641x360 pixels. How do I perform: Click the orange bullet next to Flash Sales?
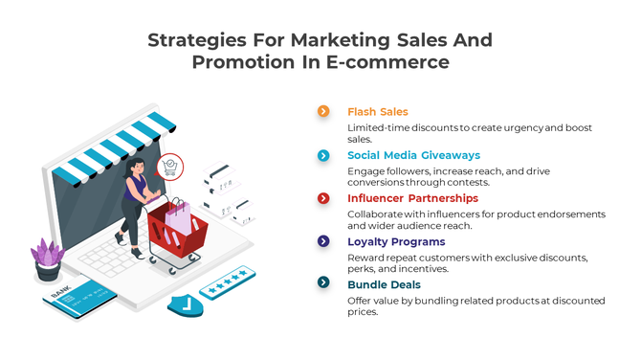click(323, 111)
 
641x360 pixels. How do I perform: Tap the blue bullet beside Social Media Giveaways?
click(323, 155)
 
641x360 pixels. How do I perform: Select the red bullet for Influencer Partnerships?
click(323, 198)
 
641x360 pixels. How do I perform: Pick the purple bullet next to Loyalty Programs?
click(323, 241)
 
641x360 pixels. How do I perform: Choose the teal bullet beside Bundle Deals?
click(323, 283)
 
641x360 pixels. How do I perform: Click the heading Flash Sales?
click(377, 112)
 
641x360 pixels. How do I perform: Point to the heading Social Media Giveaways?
click(413, 155)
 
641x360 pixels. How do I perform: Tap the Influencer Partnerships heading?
click(412, 198)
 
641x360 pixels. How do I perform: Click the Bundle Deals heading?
click(384, 284)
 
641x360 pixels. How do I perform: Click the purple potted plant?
click(47, 256)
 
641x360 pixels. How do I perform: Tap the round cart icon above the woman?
click(170, 167)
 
